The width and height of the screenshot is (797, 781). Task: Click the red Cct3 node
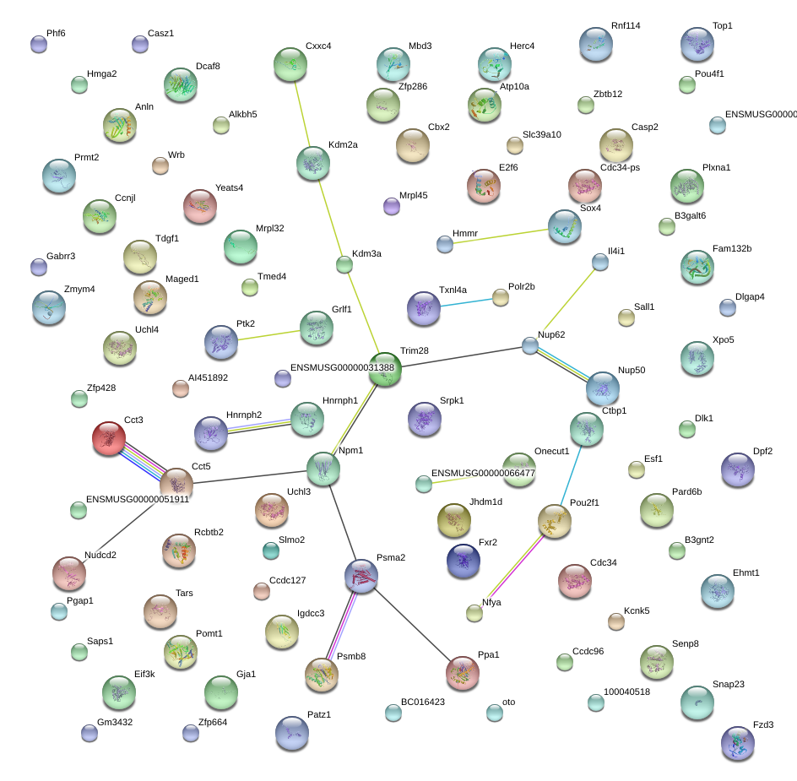(109, 438)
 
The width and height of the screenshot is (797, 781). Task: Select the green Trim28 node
(385, 369)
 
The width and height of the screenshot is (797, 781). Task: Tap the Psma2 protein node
(361, 576)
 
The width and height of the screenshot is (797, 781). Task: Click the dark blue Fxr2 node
(463, 561)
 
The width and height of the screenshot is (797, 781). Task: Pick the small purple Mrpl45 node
(392, 206)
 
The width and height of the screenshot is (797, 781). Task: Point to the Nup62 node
(530, 346)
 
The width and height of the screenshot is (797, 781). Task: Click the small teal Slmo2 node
(271, 550)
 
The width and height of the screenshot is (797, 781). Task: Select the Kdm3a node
(344, 264)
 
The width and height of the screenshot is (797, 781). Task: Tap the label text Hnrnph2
(244, 415)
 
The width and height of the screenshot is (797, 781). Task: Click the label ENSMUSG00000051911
(138, 499)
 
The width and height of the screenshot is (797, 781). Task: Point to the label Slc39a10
(542, 135)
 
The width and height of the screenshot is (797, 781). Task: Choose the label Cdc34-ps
(620, 168)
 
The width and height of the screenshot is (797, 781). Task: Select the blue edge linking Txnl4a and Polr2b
(467, 302)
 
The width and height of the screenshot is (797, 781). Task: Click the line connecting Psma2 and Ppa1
(411, 625)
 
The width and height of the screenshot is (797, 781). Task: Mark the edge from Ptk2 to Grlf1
(268, 335)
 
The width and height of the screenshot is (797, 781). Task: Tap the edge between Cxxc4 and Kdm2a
(302, 114)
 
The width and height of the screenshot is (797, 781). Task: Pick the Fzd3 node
(738, 743)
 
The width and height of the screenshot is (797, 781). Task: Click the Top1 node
(697, 44)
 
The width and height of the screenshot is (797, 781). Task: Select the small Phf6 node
(39, 44)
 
